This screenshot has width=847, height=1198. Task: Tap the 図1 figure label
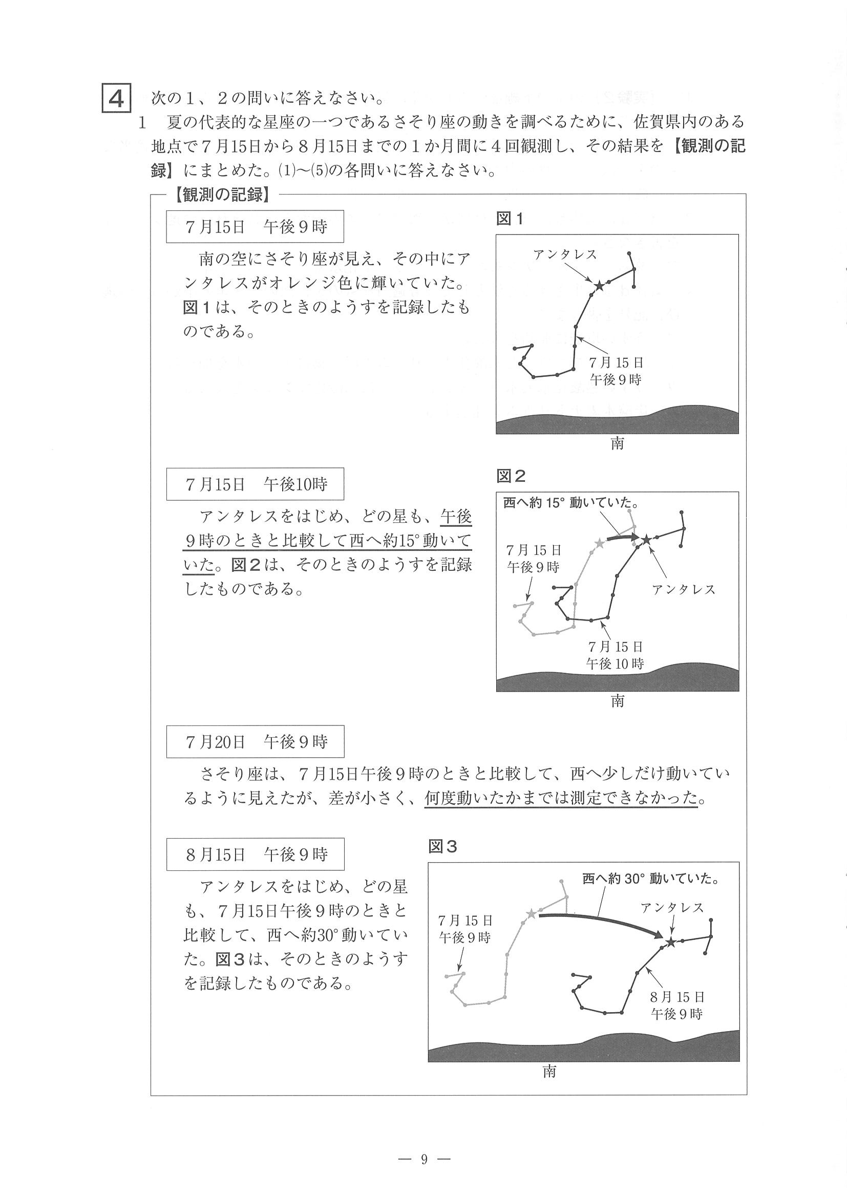pos(510,219)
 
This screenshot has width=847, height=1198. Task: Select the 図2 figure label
pos(511,476)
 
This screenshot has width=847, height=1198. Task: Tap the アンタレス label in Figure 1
pos(565,254)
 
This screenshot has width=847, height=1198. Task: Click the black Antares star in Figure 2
pos(647,540)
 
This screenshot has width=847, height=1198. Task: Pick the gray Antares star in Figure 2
pos(599,544)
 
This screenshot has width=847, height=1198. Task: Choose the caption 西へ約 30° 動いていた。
pos(651,879)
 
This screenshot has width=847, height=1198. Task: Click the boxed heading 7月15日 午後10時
pos(255,484)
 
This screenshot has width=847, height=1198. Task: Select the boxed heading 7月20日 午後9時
pos(255,741)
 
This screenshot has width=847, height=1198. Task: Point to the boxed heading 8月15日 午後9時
pos(255,854)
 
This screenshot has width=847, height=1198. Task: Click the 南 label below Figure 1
pos(618,444)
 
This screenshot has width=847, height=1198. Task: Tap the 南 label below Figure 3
pos(549,1071)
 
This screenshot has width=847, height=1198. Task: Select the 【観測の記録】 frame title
pos(223,195)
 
